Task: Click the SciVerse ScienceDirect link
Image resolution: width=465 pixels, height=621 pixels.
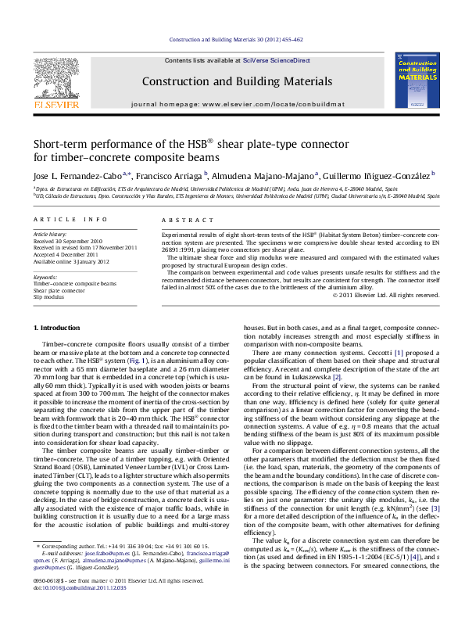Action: pyautogui.click(x=276, y=60)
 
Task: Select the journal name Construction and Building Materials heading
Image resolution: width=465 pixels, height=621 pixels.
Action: pyautogui.click(x=232, y=81)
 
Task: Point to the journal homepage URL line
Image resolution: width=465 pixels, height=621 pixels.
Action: pyautogui.click(x=232, y=104)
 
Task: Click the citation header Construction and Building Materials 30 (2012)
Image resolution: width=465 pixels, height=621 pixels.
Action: pyautogui.click(x=232, y=38)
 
